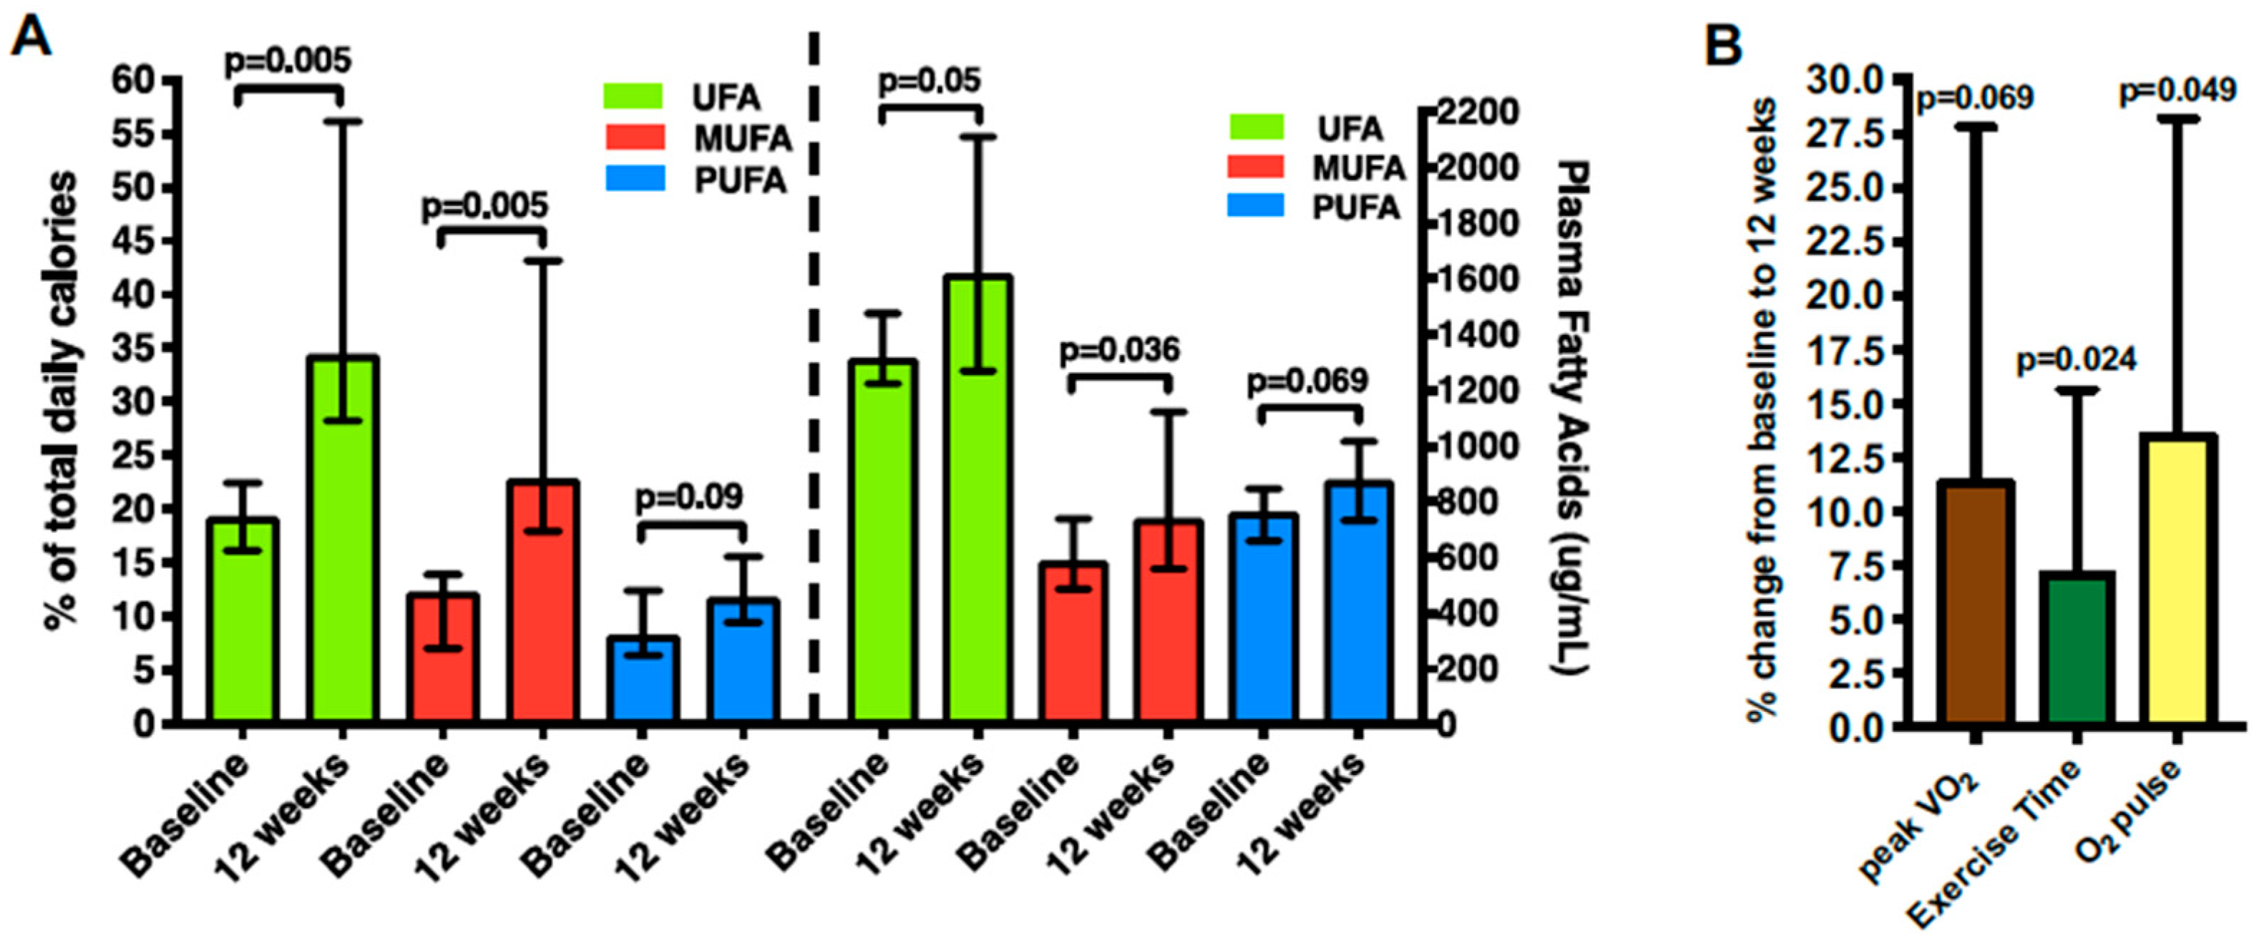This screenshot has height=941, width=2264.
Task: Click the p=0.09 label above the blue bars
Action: coord(689,497)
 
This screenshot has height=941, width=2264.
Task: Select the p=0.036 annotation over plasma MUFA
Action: coord(1119,351)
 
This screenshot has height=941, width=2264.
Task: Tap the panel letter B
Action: coord(1722,44)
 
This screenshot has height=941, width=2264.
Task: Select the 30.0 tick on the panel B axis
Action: coord(1844,81)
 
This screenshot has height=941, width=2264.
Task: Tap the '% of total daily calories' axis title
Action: coord(62,400)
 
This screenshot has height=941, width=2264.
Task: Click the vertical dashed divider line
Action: coord(814,378)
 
